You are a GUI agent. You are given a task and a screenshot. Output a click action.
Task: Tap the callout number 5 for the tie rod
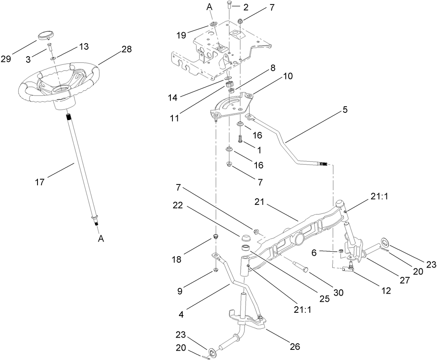pyautogui.click(x=346, y=110)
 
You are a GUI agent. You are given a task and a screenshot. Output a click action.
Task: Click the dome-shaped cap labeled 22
pyautogui.click(x=246, y=237)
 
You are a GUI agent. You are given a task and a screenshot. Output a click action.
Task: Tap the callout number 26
pyautogui.click(x=295, y=347)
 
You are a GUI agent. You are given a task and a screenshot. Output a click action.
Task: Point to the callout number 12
pyautogui.click(x=386, y=290)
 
